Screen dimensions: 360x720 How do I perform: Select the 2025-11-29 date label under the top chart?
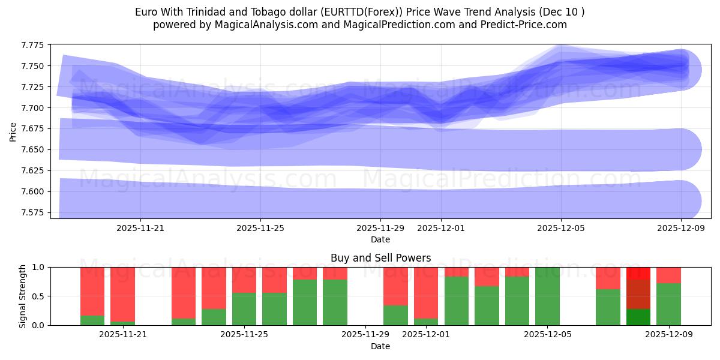(x=380, y=228)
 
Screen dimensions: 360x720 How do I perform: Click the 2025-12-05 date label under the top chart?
(x=561, y=228)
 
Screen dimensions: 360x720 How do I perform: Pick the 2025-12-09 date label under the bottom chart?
(x=669, y=335)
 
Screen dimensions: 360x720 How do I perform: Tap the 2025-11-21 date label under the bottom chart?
(x=123, y=335)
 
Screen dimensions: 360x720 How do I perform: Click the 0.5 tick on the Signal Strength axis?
(x=38, y=296)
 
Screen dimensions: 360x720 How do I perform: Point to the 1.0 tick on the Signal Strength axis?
(x=38, y=267)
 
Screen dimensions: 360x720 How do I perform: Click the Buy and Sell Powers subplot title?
(x=380, y=258)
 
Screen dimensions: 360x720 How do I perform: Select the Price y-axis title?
(x=13, y=131)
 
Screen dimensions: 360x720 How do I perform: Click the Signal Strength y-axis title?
(x=22, y=296)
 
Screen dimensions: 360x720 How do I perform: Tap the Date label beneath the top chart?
(x=380, y=239)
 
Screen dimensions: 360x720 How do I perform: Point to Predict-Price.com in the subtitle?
(x=527, y=25)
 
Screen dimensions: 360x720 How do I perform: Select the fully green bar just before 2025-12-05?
(x=547, y=296)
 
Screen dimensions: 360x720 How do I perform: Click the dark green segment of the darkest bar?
(x=638, y=317)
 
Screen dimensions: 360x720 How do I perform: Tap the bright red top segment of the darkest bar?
(x=638, y=273)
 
